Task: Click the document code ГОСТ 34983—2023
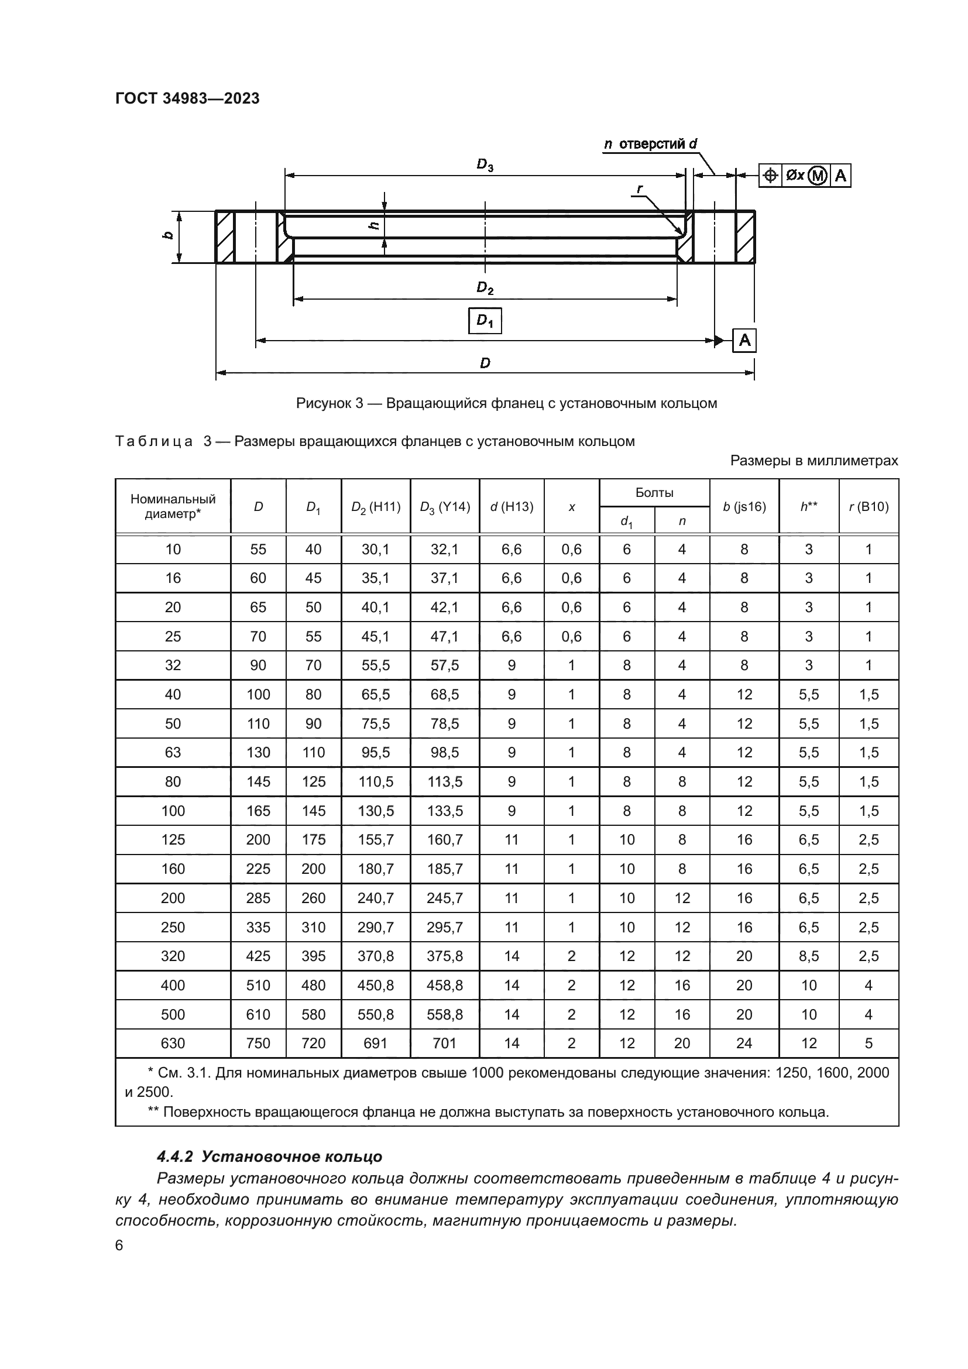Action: click(187, 98)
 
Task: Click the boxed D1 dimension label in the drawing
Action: click(485, 321)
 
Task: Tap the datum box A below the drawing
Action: click(744, 341)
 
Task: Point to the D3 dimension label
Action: click(485, 165)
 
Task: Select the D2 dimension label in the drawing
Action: click(485, 289)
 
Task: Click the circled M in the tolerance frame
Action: click(819, 176)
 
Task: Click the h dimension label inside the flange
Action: click(374, 225)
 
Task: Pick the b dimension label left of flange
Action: click(169, 235)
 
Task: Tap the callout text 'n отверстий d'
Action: click(650, 144)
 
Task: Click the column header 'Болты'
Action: click(654, 492)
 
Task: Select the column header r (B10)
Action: click(869, 507)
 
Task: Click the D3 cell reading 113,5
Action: click(445, 782)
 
